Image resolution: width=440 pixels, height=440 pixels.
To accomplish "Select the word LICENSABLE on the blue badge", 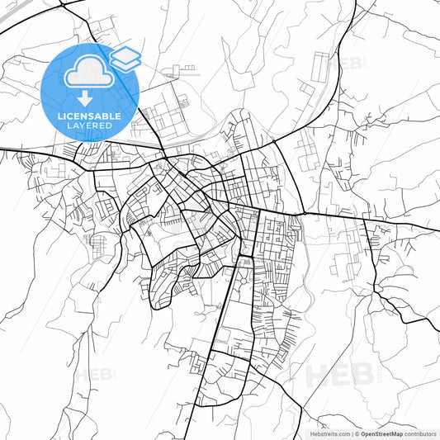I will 89,116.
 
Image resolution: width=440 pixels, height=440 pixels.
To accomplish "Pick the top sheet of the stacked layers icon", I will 125,55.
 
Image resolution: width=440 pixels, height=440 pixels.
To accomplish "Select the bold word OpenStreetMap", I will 381,433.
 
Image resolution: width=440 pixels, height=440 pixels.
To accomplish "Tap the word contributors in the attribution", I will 421,433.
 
